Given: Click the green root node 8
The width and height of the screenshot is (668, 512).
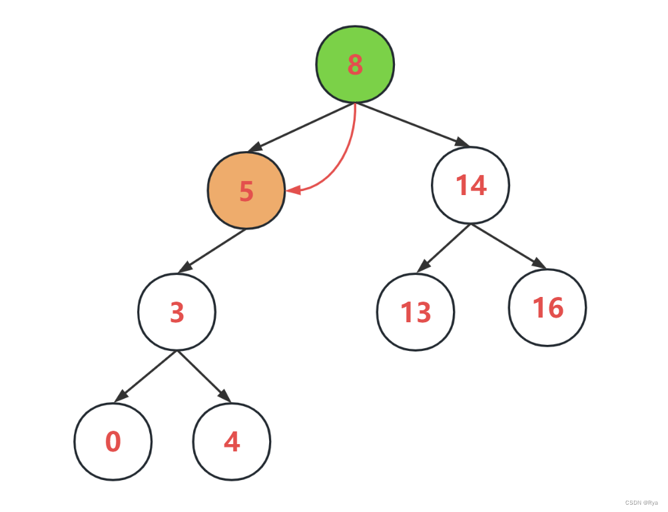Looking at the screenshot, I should coord(355,64).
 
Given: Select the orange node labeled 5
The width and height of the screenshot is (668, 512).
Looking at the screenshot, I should coord(246,190).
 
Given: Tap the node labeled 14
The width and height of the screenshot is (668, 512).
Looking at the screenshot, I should coord(471,185).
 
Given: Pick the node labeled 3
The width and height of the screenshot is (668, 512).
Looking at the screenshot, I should coord(177,312).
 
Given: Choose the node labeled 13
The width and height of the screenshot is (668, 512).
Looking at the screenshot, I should coord(416,312).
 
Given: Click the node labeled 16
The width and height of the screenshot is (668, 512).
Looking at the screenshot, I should coord(547,308).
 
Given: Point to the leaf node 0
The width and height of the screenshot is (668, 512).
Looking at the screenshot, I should coord(113,441).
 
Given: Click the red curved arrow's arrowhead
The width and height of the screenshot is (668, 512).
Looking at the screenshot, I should coord(292,191).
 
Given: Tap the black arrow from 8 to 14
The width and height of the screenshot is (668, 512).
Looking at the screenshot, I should coord(413,125).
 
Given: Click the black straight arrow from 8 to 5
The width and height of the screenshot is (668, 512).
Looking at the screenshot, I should coord(303,126).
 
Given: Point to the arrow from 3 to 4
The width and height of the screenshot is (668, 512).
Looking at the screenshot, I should coord(204,377).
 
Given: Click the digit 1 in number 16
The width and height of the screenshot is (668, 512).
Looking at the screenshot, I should coord(538,308).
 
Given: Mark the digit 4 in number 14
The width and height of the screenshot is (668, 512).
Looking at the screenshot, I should coord(479,185).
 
